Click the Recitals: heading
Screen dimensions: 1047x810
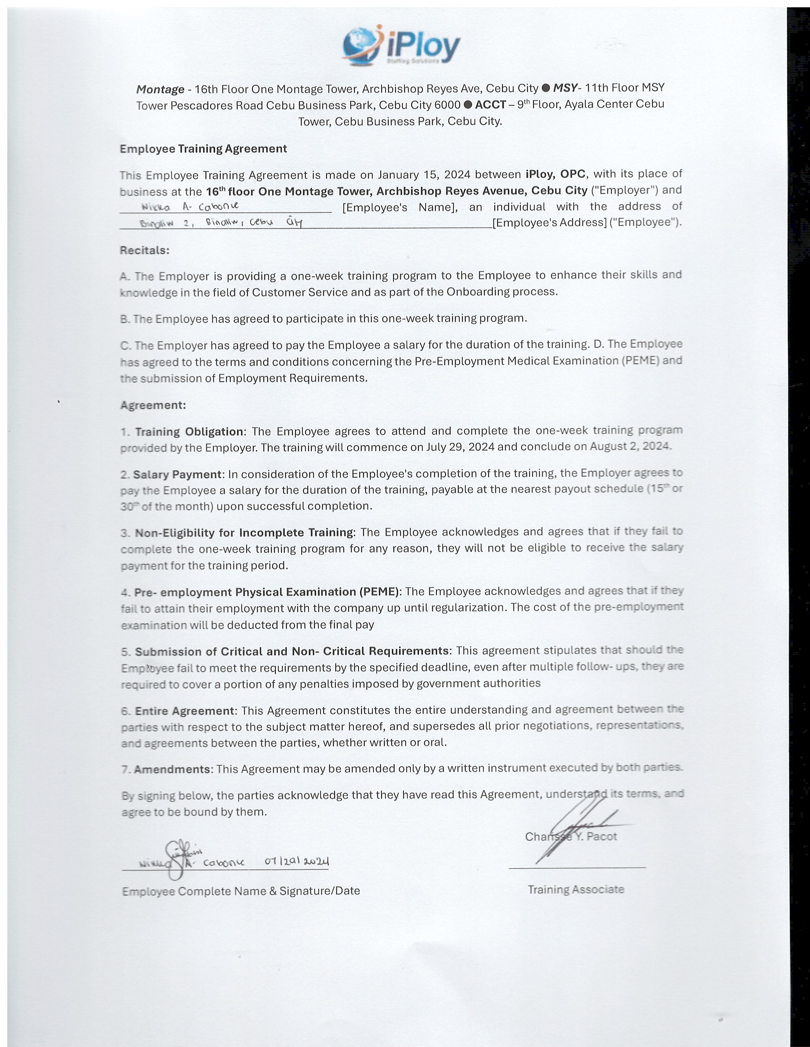[x=145, y=250]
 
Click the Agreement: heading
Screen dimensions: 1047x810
[x=152, y=405]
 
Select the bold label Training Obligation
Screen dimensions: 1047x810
[x=189, y=431]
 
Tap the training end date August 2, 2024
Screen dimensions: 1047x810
[x=630, y=446]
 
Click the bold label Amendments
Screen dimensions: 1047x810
[x=172, y=769]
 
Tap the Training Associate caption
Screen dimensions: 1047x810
[x=576, y=890]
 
